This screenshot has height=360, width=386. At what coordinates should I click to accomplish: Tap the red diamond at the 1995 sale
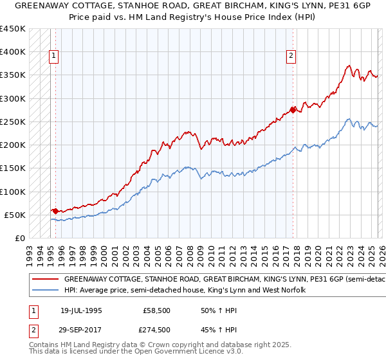point(55,210)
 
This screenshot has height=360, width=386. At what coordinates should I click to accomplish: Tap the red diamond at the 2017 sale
point(293,110)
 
